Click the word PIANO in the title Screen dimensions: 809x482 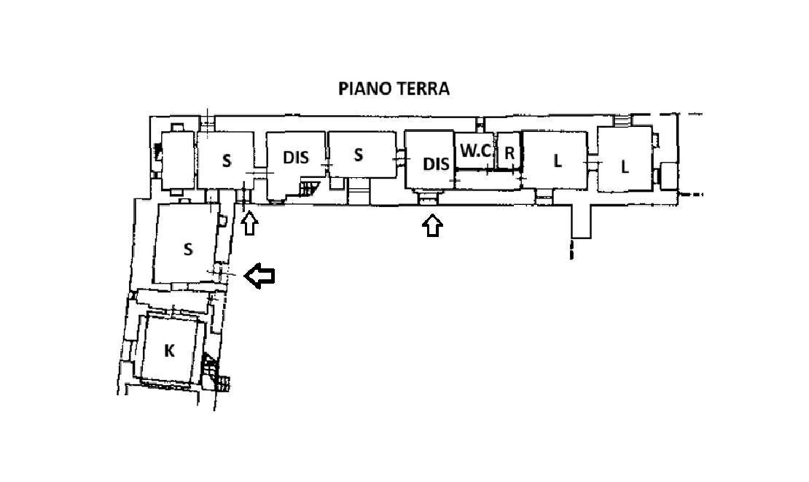pyautogui.click(x=364, y=88)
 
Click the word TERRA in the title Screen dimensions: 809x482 pyautogui.click(x=423, y=88)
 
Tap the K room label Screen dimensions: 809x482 pyautogui.click(x=168, y=351)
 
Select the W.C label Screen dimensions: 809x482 pyautogui.click(x=475, y=151)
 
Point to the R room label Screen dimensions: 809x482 pyautogui.click(x=509, y=153)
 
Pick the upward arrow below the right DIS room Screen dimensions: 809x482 pyautogui.click(x=432, y=225)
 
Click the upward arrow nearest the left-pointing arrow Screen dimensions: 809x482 pyautogui.click(x=250, y=225)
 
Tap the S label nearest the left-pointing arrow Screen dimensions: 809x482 pyautogui.click(x=188, y=250)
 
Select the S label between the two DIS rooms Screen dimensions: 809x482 pyautogui.click(x=358, y=155)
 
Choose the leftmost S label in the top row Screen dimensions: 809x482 pyautogui.click(x=227, y=161)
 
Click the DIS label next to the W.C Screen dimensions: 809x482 pyautogui.click(x=436, y=164)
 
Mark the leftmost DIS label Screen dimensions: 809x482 pyautogui.click(x=296, y=158)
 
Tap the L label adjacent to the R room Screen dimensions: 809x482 pyautogui.click(x=558, y=161)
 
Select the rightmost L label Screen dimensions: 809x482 pyautogui.click(x=625, y=167)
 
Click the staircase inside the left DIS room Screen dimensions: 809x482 pyautogui.click(x=310, y=188)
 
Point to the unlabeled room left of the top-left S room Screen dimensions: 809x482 pyautogui.click(x=178, y=160)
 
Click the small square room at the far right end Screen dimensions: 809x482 pyautogui.click(x=668, y=176)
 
